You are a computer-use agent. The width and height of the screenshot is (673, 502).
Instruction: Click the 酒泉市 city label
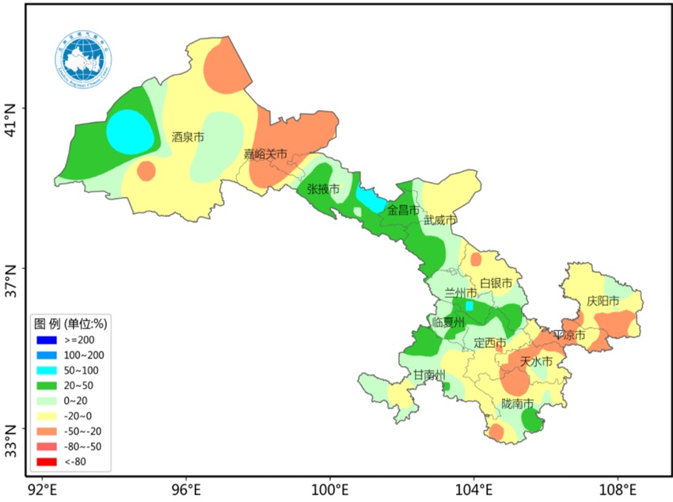(x=188, y=137)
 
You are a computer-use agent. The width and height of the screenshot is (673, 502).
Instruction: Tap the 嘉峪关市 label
(x=265, y=154)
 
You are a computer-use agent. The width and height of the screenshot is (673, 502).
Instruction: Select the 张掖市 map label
(x=323, y=190)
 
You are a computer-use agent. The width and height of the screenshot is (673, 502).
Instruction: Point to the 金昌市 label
(x=403, y=210)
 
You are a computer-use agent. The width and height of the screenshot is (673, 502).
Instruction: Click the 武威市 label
(x=440, y=220)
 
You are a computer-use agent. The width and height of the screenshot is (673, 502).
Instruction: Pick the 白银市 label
(x=496, y=283)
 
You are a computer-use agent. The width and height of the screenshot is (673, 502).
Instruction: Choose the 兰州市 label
(x=461, y=294)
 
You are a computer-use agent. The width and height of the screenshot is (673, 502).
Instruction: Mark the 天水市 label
(x=536, y=361)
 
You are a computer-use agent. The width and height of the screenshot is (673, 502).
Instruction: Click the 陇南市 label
(x=518, y=404)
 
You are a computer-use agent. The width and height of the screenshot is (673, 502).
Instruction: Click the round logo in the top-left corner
(x=83, y=56)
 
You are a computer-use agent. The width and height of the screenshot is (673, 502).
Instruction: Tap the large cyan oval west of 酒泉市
(x=130, y=131)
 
